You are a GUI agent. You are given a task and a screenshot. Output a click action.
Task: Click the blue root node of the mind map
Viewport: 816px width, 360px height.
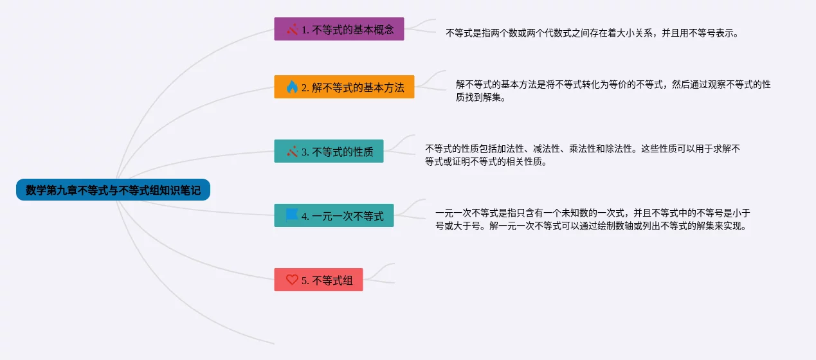click(x=113, y=190)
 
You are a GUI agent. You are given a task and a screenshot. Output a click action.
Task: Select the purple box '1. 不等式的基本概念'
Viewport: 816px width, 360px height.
click(x=339, y=29)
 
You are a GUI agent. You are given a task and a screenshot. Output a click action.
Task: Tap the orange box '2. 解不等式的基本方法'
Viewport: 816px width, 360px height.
click(x=344, y=87)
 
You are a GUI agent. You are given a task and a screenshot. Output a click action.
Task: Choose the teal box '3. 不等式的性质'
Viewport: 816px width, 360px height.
click(x=329, y=151)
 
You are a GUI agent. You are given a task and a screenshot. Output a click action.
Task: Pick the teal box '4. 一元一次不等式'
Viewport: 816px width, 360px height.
click(x=334, y=215)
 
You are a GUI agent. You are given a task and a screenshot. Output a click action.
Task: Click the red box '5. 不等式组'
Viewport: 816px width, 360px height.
click(x=318, y=280)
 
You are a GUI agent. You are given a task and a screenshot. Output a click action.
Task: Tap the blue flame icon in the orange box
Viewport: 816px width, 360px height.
click(x=292, y=87)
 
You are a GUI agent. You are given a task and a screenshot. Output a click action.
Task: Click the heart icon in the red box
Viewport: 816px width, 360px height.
click(x=292, y=280)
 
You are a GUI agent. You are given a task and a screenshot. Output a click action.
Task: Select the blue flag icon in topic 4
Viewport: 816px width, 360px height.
click(x=292, y=215)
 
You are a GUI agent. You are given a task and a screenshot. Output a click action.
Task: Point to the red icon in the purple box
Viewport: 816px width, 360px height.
click(x=292, y=29)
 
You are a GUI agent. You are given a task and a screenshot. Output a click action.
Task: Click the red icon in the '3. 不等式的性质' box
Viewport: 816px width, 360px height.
click(x=292, y=151)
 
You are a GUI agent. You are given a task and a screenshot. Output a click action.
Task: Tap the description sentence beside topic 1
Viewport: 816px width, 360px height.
click(x=592, y=33)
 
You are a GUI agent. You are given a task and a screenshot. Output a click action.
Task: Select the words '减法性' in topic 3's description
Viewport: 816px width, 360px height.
click(x=546, y=148)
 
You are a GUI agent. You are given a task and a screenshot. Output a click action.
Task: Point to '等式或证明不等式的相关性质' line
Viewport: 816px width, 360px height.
click(x=486, y=161)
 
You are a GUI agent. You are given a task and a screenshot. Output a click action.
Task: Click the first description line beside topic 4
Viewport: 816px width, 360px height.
click(x=593, y=213)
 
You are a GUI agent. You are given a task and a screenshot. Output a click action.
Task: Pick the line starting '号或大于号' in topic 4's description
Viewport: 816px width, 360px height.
click(x=592, y=226)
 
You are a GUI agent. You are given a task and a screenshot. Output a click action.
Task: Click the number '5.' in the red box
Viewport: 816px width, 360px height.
click(x=305, y=280)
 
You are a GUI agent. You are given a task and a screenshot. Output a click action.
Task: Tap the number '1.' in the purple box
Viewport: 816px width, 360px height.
click(x=305, y=30)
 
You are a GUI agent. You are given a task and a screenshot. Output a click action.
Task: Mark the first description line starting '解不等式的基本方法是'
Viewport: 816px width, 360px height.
click(x=613, y=84)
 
